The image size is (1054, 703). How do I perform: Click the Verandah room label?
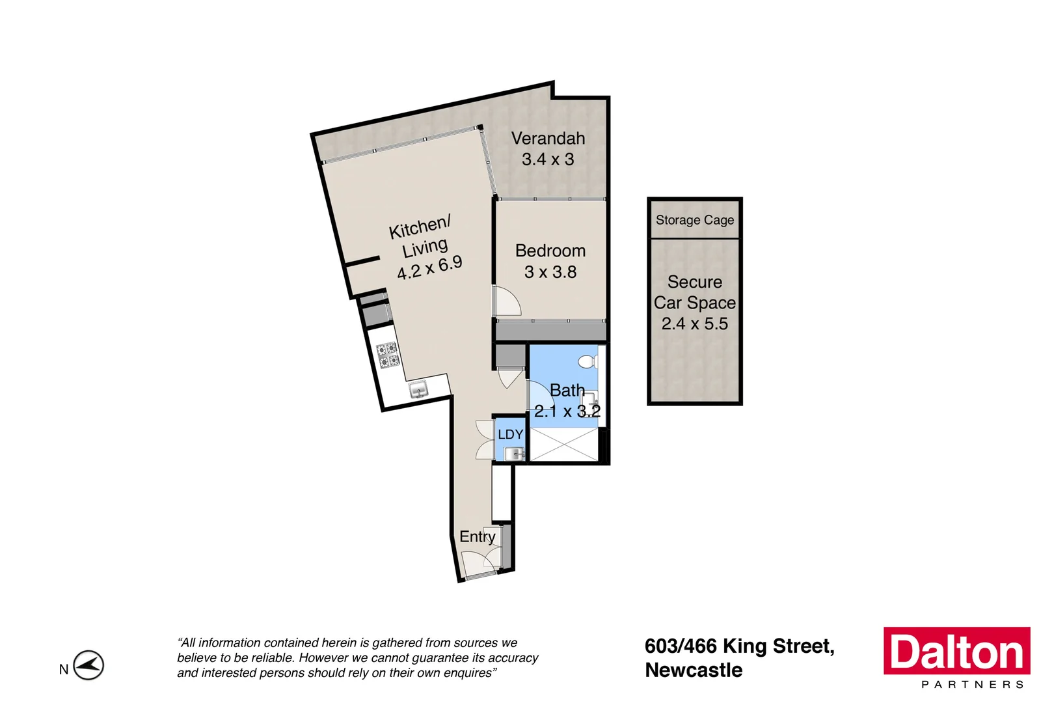point(548,139)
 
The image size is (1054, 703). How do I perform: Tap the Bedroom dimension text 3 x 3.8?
point(550,272)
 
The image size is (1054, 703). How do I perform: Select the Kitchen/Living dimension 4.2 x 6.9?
point(430,267)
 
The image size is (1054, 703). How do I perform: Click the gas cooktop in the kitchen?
point(388,355)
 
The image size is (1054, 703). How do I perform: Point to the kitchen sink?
point(418,390)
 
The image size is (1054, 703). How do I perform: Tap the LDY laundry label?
point(510,434)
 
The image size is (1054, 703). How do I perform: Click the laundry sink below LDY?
point(513,454)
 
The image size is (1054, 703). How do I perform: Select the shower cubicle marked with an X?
point(563,445)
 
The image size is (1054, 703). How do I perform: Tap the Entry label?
point(477,536)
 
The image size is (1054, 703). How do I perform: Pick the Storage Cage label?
point(695,220)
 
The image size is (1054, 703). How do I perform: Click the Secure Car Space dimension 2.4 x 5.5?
point(694,324)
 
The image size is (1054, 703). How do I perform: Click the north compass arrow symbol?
point(88,665)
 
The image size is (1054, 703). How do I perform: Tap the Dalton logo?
point(956,651)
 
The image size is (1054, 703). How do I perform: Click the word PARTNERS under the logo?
point(973,685)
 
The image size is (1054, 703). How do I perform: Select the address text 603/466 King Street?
point(739,646)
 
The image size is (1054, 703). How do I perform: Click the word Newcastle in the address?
point(694,670)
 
